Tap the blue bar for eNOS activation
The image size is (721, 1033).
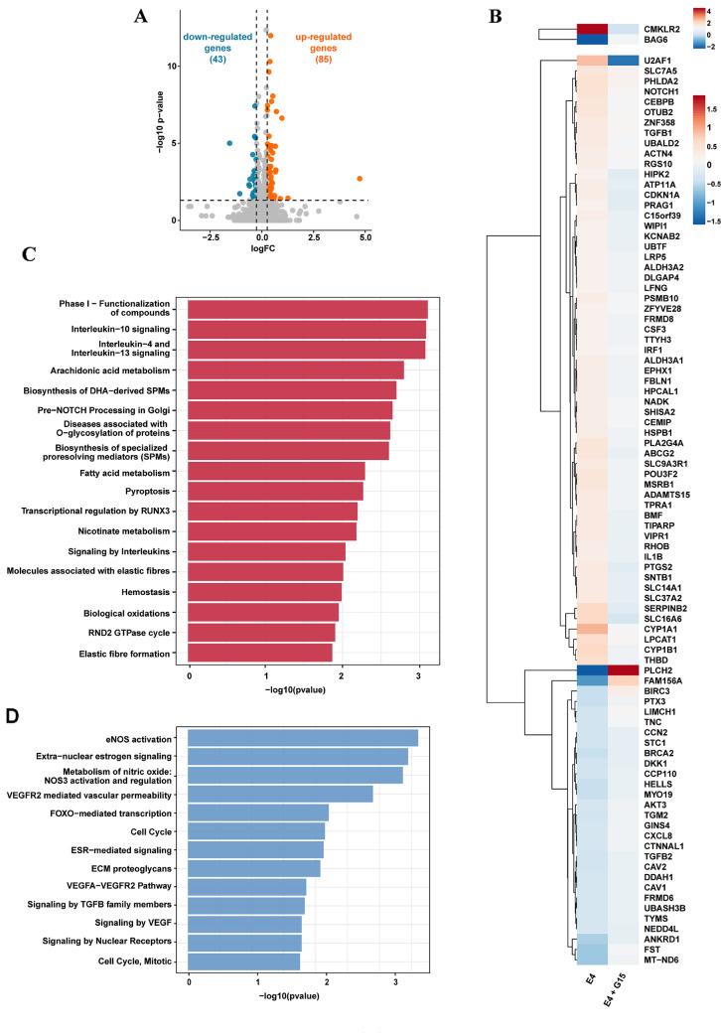303,738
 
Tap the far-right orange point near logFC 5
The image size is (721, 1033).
360,179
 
